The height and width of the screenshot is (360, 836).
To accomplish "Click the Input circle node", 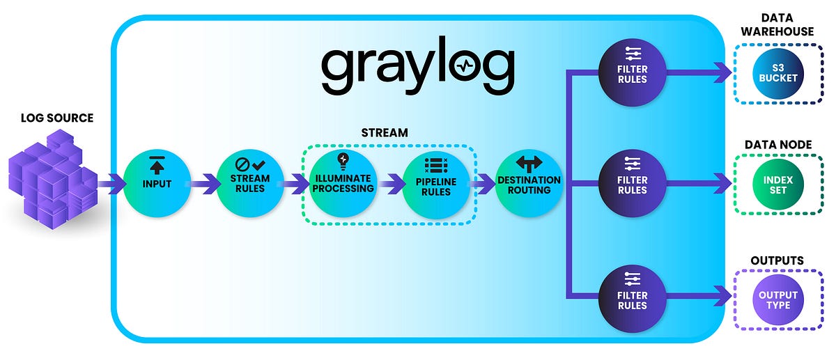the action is point(157,183).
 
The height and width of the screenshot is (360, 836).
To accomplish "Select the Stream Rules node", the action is point(250,183).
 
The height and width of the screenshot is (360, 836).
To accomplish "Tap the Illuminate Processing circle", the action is point(343,184).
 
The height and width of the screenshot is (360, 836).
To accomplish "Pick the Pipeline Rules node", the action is point(436,185).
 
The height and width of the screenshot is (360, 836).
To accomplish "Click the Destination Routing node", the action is point(529,183).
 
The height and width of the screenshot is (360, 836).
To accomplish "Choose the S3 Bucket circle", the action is point(778,74).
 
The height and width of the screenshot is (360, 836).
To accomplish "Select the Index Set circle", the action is point(778,185).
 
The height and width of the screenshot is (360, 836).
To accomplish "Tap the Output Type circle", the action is point(778,300).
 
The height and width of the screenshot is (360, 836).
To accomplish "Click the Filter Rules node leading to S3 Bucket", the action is point(633,72).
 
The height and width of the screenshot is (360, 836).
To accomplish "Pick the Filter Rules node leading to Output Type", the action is point(633,299).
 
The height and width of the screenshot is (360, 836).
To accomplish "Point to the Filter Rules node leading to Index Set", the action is point(633,183).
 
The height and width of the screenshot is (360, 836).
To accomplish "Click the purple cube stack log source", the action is point(53,179).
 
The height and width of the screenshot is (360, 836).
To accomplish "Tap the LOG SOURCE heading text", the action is point(57,118).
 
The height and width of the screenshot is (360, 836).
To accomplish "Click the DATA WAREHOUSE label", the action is point(777,24).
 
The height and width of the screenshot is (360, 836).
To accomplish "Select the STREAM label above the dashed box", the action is point(385,133).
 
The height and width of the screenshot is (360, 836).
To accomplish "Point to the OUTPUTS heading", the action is point(777,260).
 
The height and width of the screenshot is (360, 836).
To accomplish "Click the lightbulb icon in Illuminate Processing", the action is point(343,161).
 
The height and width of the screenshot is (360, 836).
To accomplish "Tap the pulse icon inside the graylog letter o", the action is point(465,65).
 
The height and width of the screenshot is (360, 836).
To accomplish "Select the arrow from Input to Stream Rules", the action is point(205,184).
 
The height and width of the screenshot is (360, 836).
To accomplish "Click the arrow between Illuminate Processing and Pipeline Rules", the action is point(391,184).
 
